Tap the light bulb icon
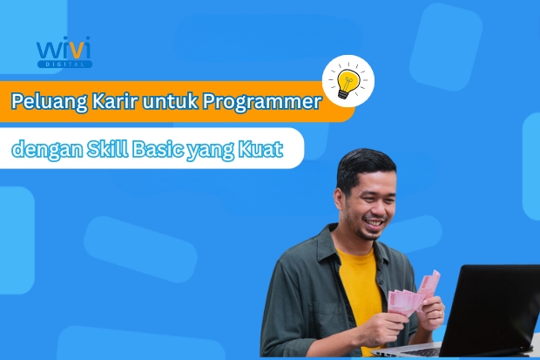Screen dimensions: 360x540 [348, 80]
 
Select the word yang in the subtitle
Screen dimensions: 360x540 [212, 150]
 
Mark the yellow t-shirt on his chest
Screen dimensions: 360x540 [361, 279]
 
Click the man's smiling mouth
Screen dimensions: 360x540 [373, 223]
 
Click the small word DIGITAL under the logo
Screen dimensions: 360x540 [64, 64]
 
